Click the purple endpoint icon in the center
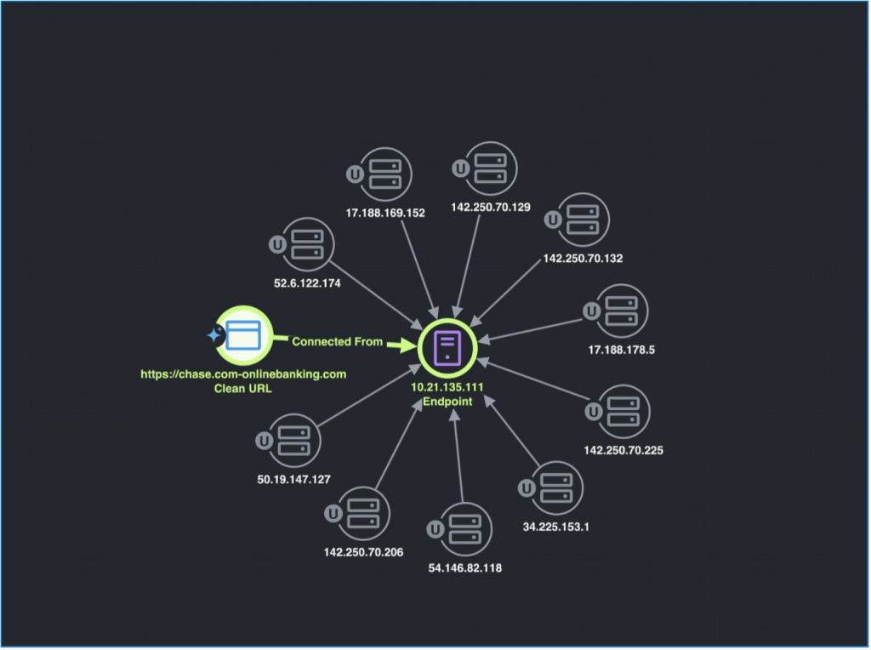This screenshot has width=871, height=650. point(449,348)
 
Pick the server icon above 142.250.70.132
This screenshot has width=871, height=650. point(582,220)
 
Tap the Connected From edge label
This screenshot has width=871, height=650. point(333,342)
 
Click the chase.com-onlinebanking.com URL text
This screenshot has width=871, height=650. point(244,374)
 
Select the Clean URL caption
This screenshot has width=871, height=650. point(244,390)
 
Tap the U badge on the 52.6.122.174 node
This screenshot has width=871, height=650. point(276,244)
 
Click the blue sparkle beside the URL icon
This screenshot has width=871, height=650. point(214,336)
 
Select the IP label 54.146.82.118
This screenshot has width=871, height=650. point(464,568)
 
